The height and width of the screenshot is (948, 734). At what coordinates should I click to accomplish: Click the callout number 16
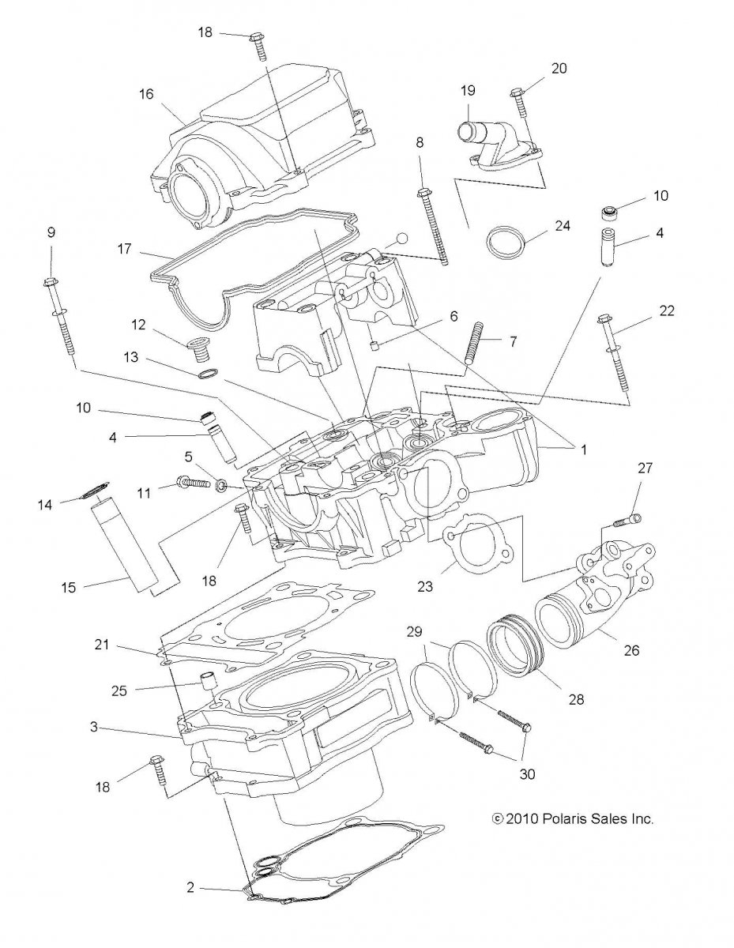146,93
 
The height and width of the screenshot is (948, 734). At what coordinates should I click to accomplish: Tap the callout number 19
468,90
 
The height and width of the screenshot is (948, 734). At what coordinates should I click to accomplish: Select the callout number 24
562,224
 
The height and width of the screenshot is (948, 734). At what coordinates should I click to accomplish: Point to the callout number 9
51,232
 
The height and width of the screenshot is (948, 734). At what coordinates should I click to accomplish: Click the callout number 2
190,887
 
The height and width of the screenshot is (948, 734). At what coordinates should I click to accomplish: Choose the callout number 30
526,774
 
